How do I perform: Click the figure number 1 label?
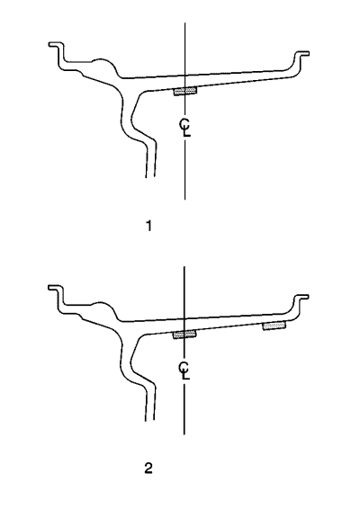pos(148,226)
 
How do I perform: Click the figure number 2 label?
pos(148,469)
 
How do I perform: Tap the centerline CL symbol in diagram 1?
pos(185,128)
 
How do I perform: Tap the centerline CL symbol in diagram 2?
pos(184,371)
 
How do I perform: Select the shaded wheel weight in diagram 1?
pos(185,91)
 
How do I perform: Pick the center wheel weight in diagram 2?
pos(184,335)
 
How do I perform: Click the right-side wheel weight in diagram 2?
pos(274,326)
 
